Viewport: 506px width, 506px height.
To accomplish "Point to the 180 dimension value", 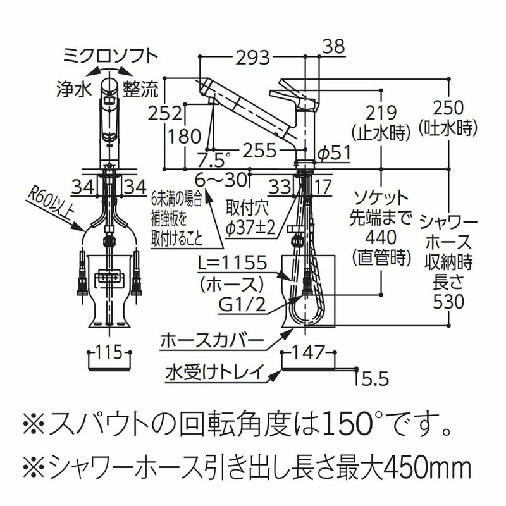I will [x=183, y=136].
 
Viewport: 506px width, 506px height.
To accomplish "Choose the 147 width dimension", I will [x=309, y=352].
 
